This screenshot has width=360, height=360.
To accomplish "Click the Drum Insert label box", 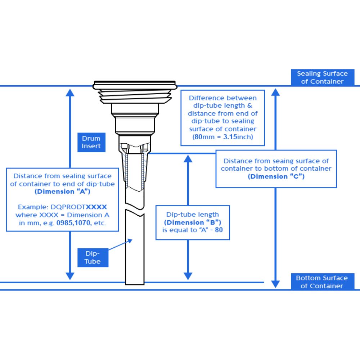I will pos(91,142).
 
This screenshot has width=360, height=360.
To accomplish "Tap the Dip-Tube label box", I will pos(93,258).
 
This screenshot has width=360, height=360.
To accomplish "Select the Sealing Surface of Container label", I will pos(322,77).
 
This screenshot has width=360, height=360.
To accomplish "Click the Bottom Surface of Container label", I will pos(322,282).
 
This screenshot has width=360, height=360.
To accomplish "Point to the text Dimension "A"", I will pos(63,192).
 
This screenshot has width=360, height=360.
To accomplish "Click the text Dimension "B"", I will pos(193,222).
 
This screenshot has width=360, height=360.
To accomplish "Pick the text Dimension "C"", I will pos(276,176).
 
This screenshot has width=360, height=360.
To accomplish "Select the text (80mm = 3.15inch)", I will pos(222,137).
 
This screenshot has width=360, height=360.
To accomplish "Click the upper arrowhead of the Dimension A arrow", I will pos(70,92).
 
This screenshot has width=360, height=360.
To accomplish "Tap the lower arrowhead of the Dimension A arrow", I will pos(70,276).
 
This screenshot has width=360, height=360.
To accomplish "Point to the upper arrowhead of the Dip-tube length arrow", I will pos(188,159).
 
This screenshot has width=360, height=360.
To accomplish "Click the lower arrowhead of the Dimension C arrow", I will pos(275,284).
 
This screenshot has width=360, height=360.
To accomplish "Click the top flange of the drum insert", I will pos(135,85).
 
